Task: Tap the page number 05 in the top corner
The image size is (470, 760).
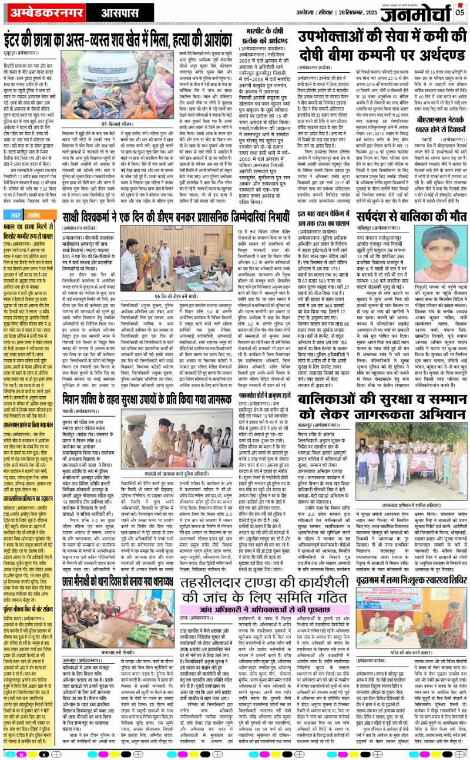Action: point(459,10)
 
